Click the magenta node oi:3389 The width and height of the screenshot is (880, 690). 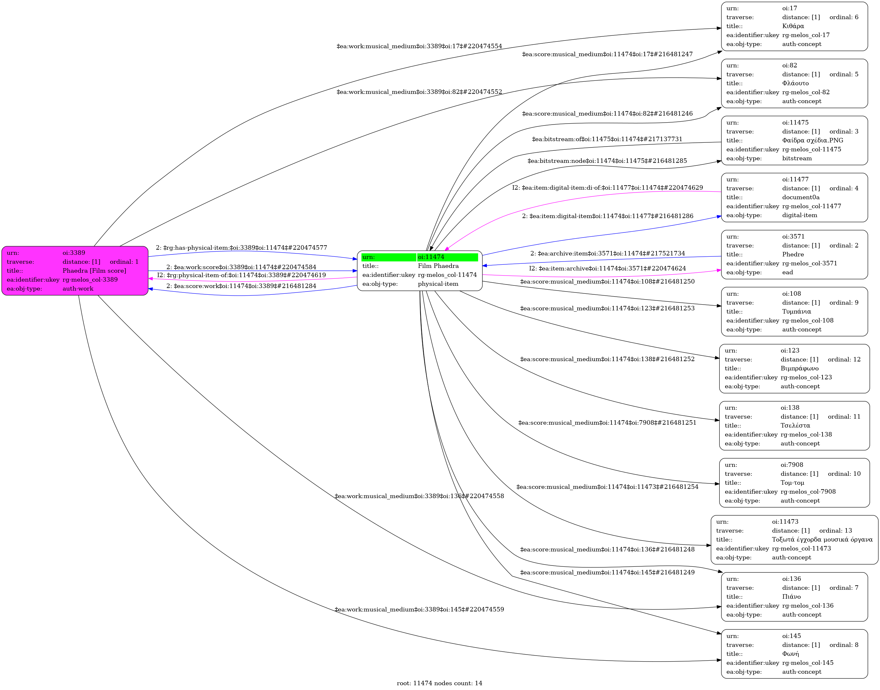75,271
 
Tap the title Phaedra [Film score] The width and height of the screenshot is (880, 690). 94,271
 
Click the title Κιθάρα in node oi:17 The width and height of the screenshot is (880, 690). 793,26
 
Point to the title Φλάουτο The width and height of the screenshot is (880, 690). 795,83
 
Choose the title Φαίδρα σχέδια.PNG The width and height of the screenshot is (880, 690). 812,140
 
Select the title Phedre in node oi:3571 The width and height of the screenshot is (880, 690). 793,254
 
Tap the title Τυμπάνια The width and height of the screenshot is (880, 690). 796,311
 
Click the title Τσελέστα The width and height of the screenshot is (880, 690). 795,425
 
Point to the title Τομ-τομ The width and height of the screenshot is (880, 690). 792,483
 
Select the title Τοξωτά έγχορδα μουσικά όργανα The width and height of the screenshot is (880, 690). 822,540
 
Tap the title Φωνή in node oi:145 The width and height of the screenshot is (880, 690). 790,654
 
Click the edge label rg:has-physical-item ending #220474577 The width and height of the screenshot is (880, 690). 241,248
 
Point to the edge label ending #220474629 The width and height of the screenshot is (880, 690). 607,188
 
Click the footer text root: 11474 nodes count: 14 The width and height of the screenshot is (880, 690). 439,683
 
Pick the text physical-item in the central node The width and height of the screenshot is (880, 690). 438,284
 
